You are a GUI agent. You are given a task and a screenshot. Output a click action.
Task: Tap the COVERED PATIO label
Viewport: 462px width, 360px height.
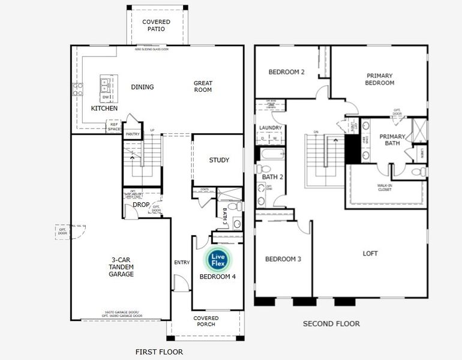point(156,25)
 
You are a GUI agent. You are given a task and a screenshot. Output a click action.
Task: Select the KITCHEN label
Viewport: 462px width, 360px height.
point(104,109)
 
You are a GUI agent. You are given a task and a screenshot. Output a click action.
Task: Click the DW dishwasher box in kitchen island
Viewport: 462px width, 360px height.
point(106,97)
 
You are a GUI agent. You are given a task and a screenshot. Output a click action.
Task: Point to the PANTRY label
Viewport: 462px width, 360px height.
point(132,134)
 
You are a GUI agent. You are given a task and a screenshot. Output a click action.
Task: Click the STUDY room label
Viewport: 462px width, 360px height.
point(219,160)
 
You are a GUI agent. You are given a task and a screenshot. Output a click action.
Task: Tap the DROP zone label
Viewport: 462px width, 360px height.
point(140,205)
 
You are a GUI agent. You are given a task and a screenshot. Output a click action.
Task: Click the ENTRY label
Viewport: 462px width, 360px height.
point(182,262)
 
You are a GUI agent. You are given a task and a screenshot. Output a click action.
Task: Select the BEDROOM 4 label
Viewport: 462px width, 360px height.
point(218,277)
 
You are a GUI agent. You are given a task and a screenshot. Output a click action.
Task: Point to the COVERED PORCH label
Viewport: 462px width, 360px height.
point(206,321)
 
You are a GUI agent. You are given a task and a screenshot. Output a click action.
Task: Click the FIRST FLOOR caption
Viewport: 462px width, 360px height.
point(159,352)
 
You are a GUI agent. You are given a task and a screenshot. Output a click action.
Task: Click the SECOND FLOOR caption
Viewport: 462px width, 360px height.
point(331,324)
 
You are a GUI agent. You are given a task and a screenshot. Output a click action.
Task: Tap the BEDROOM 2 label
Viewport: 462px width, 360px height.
point(286,72)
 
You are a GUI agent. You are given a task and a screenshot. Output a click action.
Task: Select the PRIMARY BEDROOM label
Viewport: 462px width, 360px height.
point(379,79)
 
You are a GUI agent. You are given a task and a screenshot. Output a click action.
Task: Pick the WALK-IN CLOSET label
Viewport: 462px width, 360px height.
point(385,188)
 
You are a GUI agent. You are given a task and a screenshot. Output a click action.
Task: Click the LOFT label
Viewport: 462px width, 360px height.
point(370,254)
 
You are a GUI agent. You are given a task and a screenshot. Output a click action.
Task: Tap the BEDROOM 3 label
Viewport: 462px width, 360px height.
point(283,259)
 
